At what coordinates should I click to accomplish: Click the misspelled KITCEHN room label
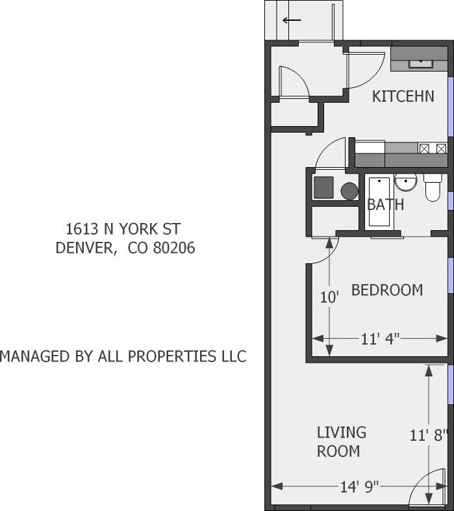[x=403, y=96]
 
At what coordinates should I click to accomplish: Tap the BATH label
[x=385, y=205]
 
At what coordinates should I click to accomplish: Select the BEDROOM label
[x=386, y=290]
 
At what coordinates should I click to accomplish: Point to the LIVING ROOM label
[x=342, y=441]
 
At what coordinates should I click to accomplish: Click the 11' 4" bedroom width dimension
[x=380, y=338]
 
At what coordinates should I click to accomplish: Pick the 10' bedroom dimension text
[x=330, y=298]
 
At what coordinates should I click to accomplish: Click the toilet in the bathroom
[x=433, y=188]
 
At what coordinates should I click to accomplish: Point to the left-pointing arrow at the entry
[x=292, y=20]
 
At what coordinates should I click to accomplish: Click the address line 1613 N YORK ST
[x=123, y=229]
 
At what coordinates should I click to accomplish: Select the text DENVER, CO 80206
[x=125, y=248]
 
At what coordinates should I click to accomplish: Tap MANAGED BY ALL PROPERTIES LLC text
[x=123, y=356]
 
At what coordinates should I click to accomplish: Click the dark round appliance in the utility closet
[x=349, y=191]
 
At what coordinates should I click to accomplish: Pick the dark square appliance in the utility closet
[x=323, y=188]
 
